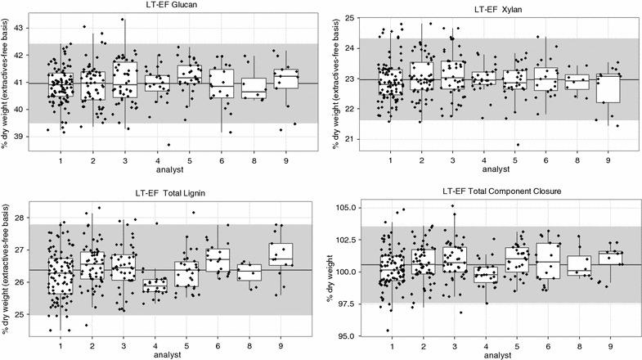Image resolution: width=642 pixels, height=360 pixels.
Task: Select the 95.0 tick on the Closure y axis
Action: click(341, 335)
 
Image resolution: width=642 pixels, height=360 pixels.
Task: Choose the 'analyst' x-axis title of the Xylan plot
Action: click(499, 173)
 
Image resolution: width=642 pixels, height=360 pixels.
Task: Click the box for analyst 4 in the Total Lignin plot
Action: click(155, 285)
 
